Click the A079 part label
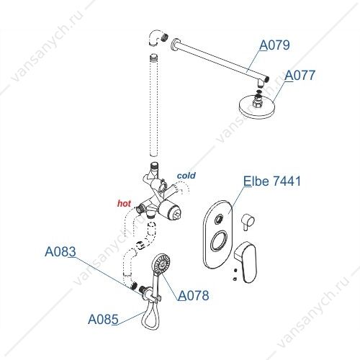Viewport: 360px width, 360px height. coord(274,45)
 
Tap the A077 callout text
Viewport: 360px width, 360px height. coord(300,75)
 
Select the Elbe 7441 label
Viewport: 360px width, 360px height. coord(272,181)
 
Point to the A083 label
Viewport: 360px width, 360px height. coord(60,251)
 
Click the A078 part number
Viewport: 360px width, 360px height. coord(194,295)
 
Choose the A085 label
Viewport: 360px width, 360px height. coord(103,319)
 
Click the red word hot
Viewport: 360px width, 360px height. coord(124,204)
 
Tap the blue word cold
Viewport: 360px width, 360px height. coord(186,176)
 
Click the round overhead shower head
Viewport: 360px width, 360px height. coord(256,107)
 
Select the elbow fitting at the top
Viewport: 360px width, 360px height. coord(156,38)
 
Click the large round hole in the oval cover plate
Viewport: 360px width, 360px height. coord(219,240)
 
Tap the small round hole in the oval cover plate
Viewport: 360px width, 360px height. coord(219,219)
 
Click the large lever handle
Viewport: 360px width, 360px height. coord(246,261)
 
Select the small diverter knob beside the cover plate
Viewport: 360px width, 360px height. coord(248,222)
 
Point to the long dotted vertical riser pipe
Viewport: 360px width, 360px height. coord(155,106)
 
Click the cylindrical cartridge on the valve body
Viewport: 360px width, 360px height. coord(170,210)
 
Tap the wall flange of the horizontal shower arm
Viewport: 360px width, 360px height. coord(175,44)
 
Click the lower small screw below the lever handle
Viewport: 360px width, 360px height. coord(235,279)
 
